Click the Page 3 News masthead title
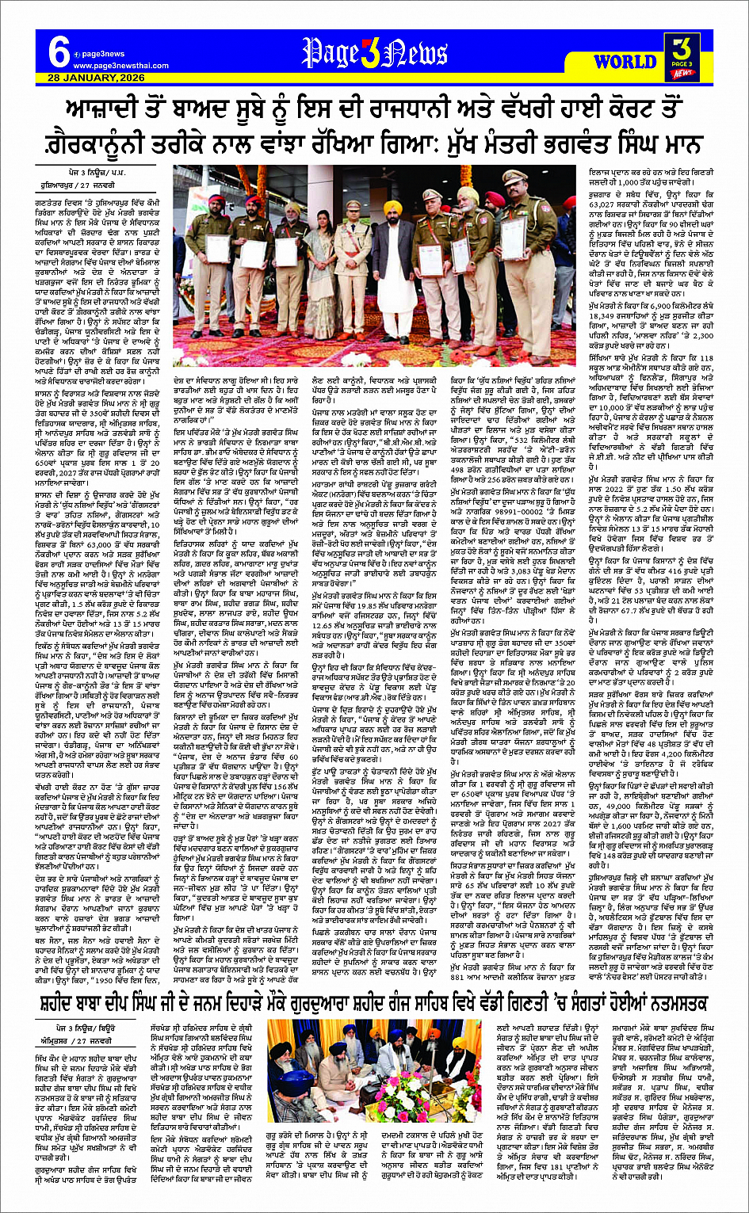click(374, 54)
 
